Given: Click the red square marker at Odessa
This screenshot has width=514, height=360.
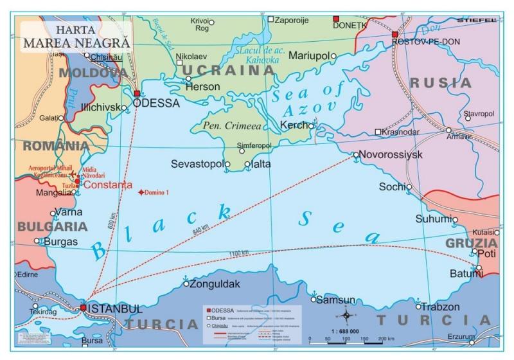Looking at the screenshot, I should (137, 94).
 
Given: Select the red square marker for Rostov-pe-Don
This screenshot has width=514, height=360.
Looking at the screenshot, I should (394, 35).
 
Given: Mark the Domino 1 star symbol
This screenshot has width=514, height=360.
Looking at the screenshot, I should (141, 192).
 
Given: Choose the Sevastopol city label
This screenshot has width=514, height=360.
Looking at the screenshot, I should (196, 165).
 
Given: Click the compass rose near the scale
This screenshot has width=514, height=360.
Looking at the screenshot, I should (346, 316).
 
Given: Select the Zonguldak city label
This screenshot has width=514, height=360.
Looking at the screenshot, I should (215, 283).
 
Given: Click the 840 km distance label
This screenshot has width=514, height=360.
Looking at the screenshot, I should (200, 230).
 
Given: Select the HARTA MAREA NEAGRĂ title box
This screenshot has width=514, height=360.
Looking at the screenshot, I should (75, 37).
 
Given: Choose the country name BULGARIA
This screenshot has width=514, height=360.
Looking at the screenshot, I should (52, 226).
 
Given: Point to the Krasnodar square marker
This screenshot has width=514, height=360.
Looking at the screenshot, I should (378, 132).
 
